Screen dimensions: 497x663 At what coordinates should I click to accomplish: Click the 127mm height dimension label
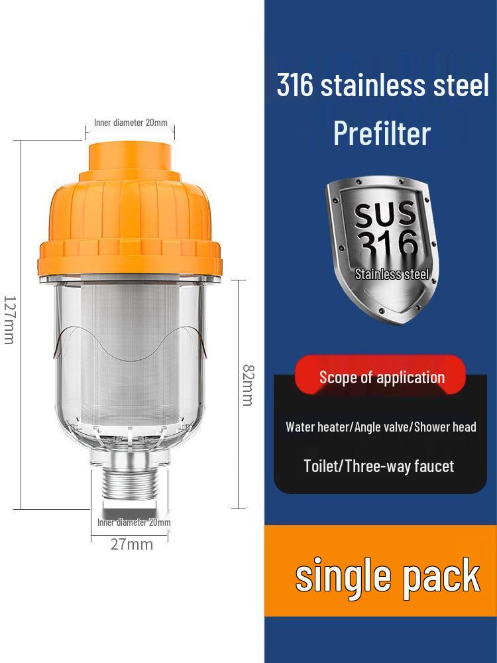[x=9, y=320]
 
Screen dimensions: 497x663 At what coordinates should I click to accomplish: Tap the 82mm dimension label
[x=248, y=385]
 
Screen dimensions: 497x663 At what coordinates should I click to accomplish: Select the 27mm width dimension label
[x=132, y=544]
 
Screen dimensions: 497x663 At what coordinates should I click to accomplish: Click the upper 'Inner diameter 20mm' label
[x=131, y=123]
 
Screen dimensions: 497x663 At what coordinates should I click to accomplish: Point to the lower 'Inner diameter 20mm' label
[x=134, y=522]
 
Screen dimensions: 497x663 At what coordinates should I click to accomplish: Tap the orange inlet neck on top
[x=130, y=157]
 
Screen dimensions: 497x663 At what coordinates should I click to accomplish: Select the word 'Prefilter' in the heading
[x=382, y=133]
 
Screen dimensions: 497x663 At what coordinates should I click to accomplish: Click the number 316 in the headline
[x=295, y=84]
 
